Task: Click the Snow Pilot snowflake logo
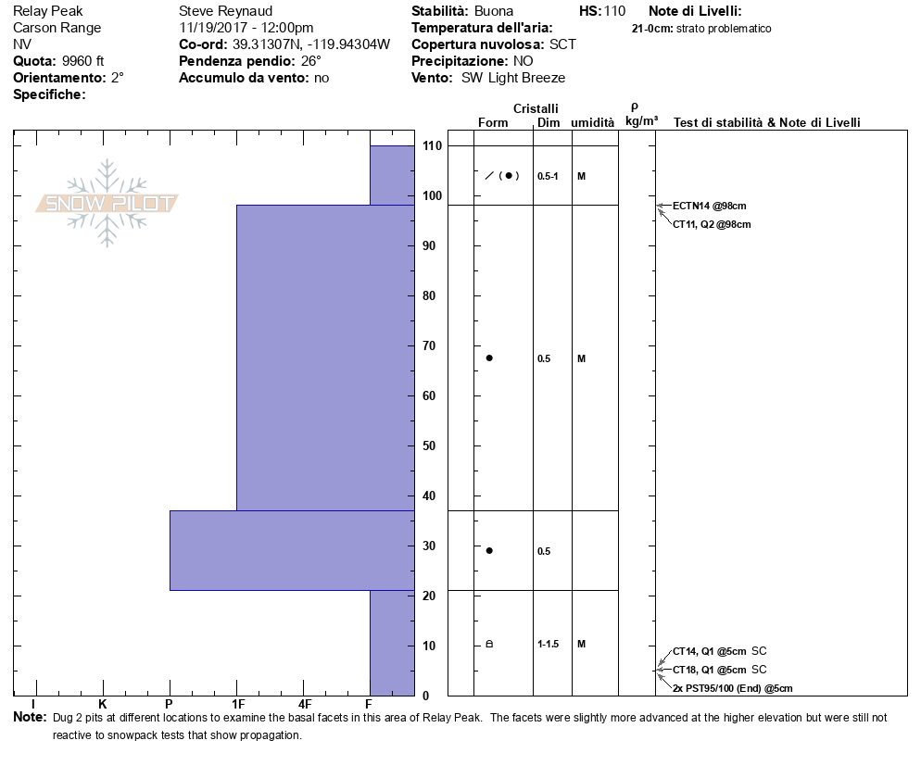point(107,203)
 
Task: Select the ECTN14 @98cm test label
point(709,207)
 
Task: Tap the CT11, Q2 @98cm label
point(711,224)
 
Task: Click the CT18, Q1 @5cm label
point(710,670)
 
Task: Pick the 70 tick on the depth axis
point(431,346)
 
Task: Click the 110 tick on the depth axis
point(431,146)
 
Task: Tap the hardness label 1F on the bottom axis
point(237,705)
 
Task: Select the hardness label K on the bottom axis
point(102,705)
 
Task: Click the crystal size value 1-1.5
point(548,644)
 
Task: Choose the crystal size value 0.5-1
point(548,176)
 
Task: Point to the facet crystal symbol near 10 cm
point(489,644)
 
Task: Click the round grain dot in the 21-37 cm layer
point(489,550)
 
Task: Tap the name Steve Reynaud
point(225,11)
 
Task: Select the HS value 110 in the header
point(614,11)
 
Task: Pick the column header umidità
point(592,123)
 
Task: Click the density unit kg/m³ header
point(641,121)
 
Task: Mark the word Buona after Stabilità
point(493,11)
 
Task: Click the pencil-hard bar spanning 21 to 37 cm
point(292,550)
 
